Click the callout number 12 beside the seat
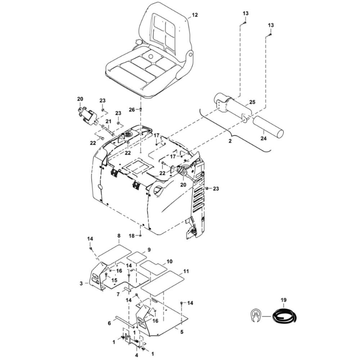(x=195, y=15)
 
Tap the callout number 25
(x=252, y=103)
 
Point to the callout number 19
(x=284, y=300)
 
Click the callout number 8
(x=118, y=236)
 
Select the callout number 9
(x=149, y=249)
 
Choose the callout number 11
(x=186, y=271)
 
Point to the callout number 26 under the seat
(x=131, y=109)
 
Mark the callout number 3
(x=81, y=283)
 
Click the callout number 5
(x=181, y=332)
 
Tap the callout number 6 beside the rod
(x=109, y=324)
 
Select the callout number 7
(x=118, y=294)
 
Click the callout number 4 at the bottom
(x=136, y=355)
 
